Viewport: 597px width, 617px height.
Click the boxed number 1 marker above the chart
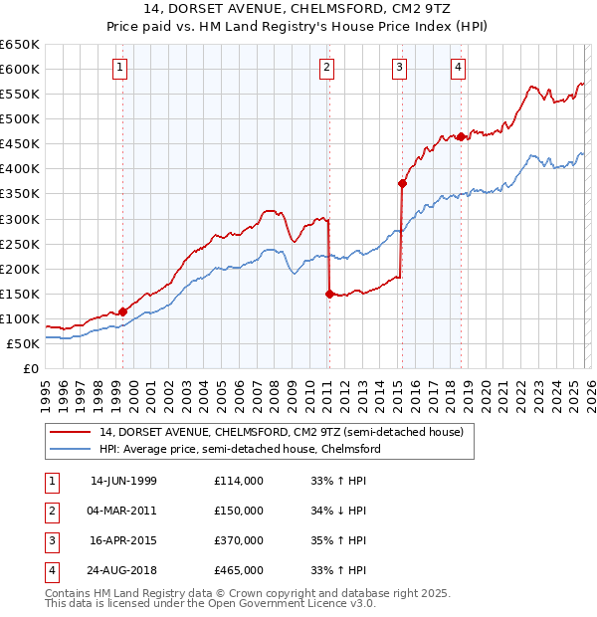click(x=119, y=68)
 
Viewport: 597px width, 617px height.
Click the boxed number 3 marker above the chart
click(x=399, y=68)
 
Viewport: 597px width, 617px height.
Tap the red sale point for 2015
click(x=403, y=183)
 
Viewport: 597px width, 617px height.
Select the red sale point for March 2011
click(x=329, y=293)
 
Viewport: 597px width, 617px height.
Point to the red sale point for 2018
click(x=462, y=136)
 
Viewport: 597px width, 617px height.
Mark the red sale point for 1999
click(x=123, y=311)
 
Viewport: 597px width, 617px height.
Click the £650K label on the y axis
click(x=19, y=45)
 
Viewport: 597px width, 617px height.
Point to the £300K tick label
click(x=19, y=219)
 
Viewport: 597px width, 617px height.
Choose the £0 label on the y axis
click(x=31, y=368)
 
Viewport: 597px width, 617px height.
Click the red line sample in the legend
click(x=70, y=432)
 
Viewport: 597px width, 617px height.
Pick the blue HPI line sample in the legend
click(x=70, y=449)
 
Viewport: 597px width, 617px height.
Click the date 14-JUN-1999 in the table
click(x=123, y=481)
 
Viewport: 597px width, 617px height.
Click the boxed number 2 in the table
click(x=50, y=511)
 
